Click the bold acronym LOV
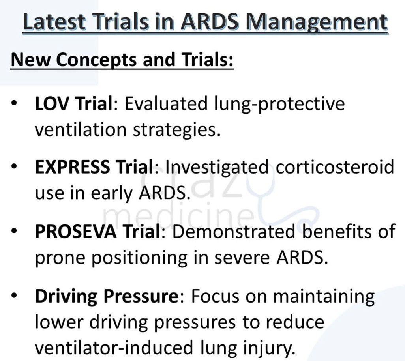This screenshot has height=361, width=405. click(52, 103)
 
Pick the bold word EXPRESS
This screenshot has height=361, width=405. click(72, 167)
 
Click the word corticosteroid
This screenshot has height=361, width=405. click(335, 167)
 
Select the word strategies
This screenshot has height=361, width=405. click(177, 130)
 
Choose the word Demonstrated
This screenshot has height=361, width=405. click(234, 231)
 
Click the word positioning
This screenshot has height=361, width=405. click(139, 258)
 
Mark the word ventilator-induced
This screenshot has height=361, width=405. click(114, 348)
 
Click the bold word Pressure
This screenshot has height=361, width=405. click(141, 296)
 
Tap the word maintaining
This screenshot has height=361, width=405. click(324, 297)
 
